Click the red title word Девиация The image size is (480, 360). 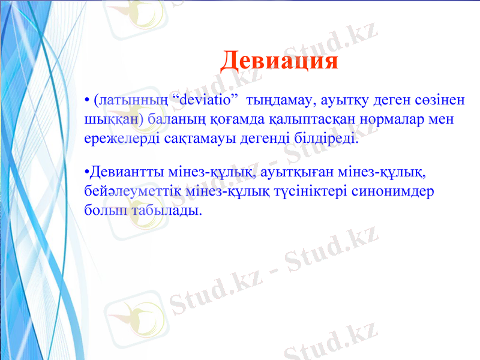[279, 61]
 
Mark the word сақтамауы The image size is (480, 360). [191, 139]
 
